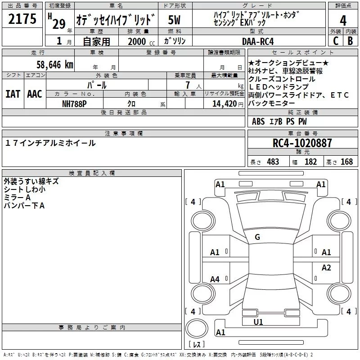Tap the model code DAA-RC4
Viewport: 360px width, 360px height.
coord(258,41)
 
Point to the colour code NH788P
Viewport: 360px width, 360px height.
coord(74,103)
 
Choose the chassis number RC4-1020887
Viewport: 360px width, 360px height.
coord(302,143)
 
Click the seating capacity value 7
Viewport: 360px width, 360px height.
coord(186,85)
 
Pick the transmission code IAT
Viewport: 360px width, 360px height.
coord(13,94)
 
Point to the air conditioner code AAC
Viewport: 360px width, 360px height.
coord(34,94)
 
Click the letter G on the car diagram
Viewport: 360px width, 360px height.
coord(257,237)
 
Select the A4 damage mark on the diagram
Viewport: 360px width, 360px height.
coord(215,279)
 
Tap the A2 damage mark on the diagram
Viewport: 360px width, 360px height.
coord(326,268)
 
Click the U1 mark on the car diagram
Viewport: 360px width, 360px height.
coord(258,322)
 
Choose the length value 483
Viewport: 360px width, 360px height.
coord(273,162)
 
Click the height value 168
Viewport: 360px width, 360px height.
coord(346,162)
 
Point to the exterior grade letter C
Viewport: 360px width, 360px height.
coord(335,41)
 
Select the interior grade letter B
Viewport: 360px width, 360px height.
coord(350,41)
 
